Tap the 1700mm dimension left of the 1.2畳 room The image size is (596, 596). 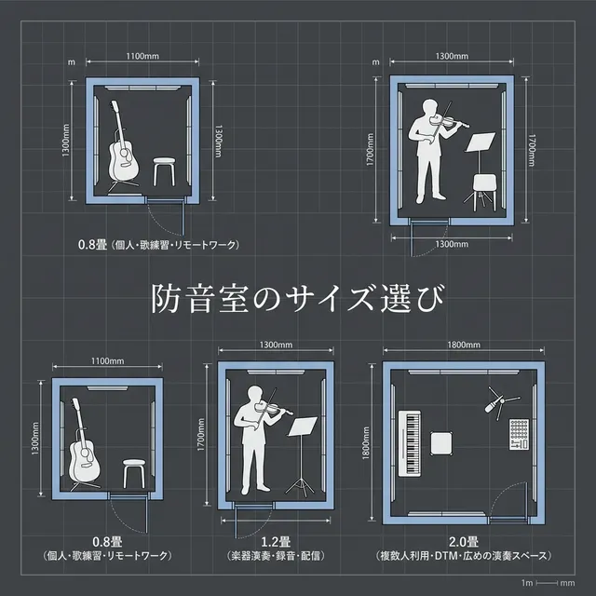[x=204, y=439]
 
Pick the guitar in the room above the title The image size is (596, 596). [x=121, y=149]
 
